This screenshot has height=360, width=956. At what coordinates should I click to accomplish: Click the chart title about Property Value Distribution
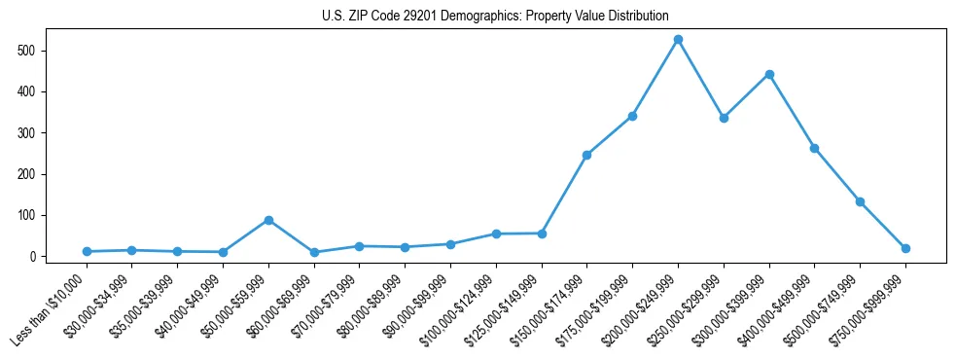(495, 16)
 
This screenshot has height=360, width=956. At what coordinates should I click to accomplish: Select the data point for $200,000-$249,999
(678, 39)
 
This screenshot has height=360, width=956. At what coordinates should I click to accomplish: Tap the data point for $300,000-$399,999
(769, 74)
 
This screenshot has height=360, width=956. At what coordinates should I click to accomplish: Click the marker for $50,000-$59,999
(268, 220)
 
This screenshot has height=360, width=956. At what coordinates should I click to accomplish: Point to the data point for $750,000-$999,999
(905, 248)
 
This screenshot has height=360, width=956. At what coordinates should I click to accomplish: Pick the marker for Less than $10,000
(87, 251)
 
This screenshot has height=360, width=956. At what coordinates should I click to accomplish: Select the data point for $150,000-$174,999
(586, 155)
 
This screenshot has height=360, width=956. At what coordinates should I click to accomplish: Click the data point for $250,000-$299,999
(724, 118)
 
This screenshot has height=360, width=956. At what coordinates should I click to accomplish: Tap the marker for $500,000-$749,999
(860, 201)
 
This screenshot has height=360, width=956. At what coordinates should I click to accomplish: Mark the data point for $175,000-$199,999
(632, 116)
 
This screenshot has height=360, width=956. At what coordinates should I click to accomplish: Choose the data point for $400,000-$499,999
(814, 148)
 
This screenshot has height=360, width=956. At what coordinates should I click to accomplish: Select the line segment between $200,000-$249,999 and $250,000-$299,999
(701, 79)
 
